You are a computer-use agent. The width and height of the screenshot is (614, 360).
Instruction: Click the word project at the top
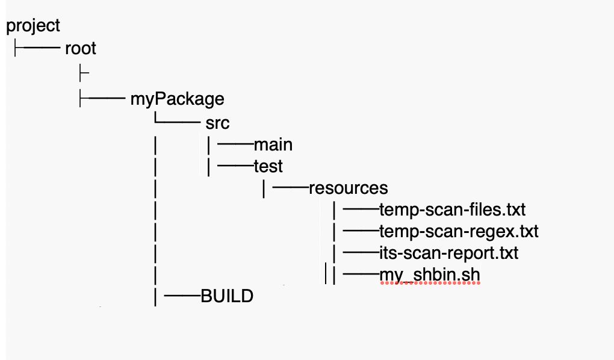point(33,26)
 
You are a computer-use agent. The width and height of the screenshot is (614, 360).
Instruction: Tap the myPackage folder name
point(177,98)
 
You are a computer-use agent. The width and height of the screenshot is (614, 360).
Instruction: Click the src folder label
point(217,123)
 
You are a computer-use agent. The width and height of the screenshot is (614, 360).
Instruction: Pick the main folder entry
point(273,144)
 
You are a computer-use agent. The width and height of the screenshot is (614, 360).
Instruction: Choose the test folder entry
point(268,166)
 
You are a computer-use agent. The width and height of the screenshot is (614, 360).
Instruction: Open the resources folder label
point(348,187)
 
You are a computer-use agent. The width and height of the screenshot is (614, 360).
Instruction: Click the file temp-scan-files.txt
point(452,209)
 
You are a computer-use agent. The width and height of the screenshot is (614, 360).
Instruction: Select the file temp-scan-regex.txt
point(459,231)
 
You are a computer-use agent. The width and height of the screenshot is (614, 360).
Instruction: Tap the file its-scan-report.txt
point(448,253)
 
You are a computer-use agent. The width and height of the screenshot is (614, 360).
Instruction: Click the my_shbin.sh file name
point(430,275)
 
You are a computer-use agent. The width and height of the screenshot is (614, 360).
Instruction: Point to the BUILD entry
point(227,296)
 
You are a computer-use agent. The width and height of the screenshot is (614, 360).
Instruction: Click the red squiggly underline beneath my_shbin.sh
point(430,284)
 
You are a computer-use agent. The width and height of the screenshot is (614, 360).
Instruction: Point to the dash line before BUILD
point(182,296)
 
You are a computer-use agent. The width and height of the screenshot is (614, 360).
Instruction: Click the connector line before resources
point(290,187)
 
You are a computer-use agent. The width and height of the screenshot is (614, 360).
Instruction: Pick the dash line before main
point(235,144)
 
